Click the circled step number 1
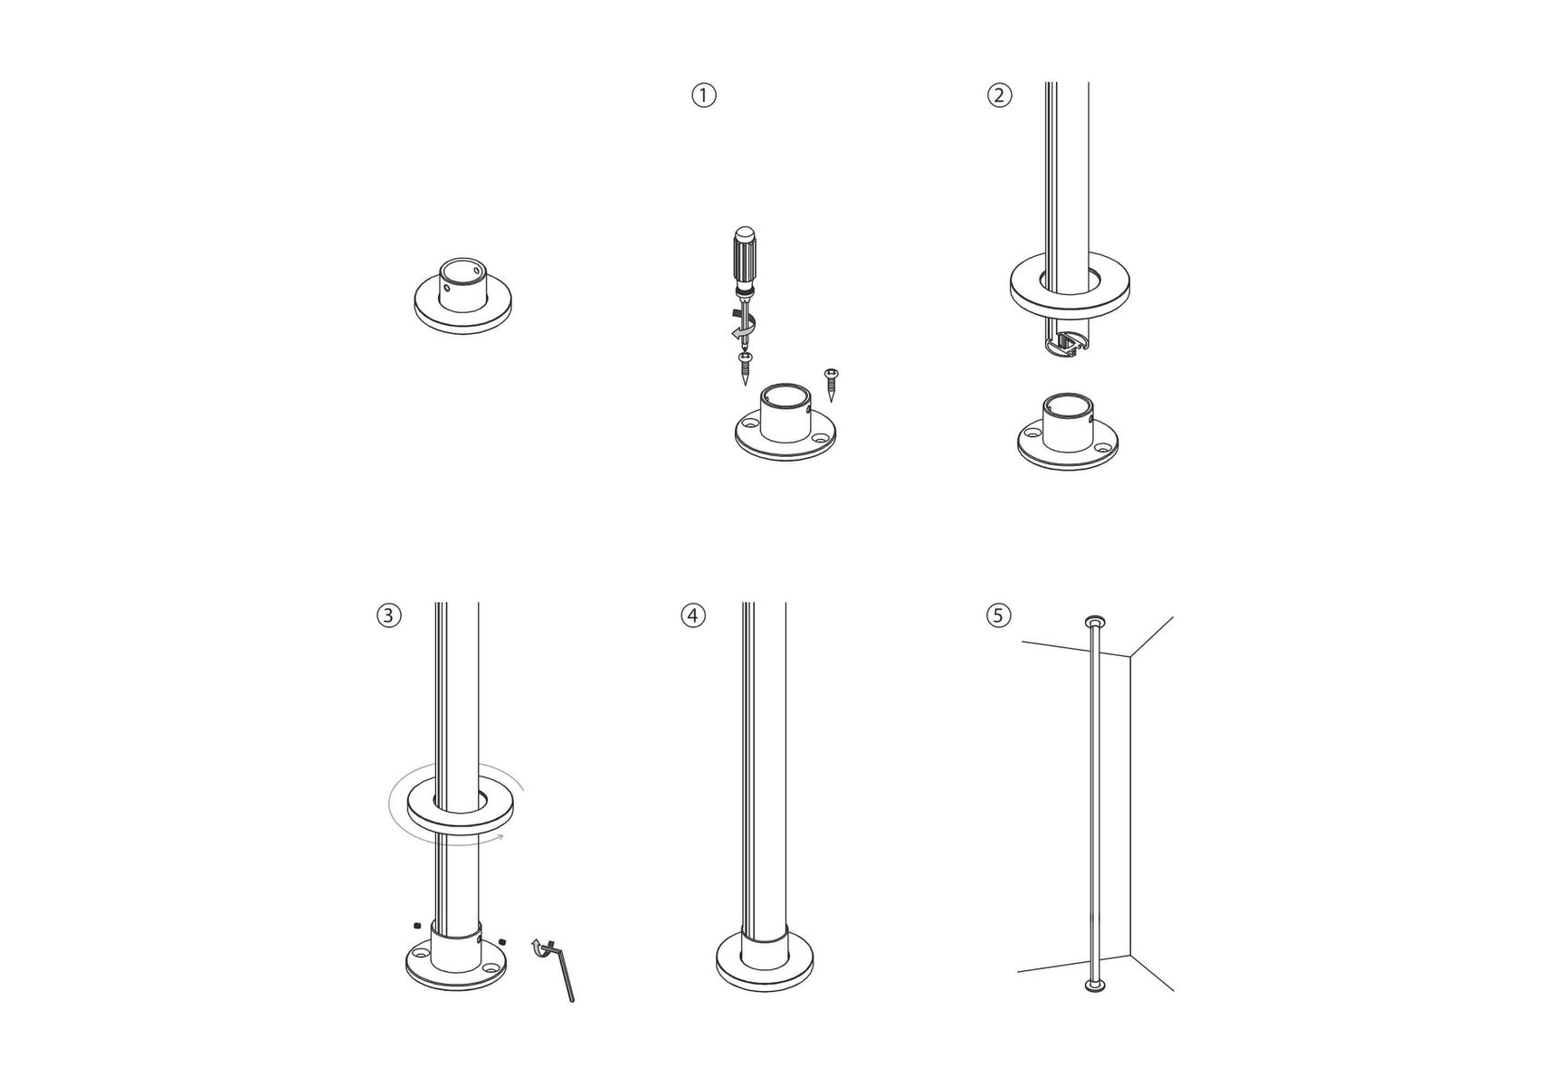click(703, 95)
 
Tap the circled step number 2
click(999, 95)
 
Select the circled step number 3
click(388, 615)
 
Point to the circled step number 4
click(692, 615)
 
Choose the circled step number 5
click(998, 615)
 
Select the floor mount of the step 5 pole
click(1096, 984)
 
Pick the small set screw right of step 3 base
click(503, 941)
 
